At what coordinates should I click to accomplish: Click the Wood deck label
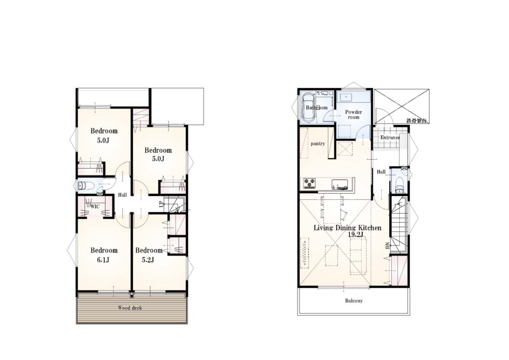pyautogui.click(x=130, y=308)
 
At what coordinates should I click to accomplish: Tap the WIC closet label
pyautogui.click(x=95, y=206)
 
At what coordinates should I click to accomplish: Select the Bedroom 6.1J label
pyautogui.click(x=104, y=255)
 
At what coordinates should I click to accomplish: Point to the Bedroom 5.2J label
pyautogui.click(x=148, y=255)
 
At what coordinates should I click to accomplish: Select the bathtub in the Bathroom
pyautogui.click(x=308, y=107)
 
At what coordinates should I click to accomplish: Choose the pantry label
pyautogui.click(x=318, y=144)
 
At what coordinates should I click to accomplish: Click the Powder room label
pyautogui.click(x=354, y=115)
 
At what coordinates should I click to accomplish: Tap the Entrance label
pyautogui.click(x=390, y=137)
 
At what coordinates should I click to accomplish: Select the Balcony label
pyautogui.click(x=354, y=301)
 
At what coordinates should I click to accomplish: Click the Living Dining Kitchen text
pyautogui.click(x=347, y=227)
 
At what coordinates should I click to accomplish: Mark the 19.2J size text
pyautogui.click(x=355, y=234)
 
